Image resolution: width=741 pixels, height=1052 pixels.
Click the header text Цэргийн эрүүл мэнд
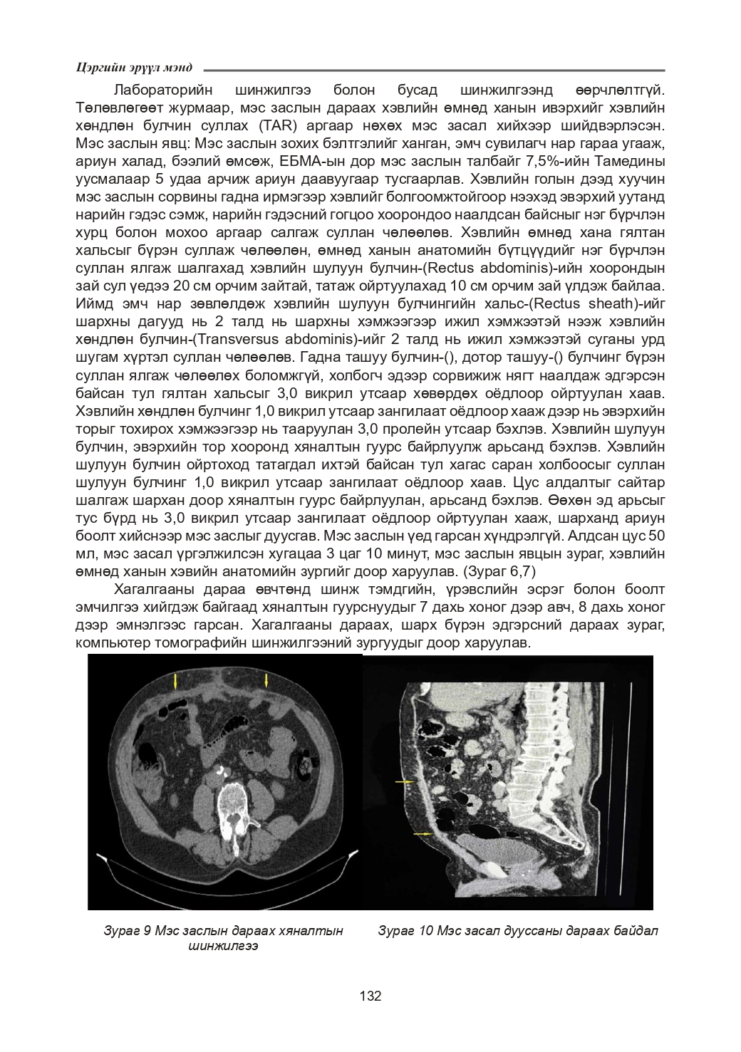[x=133, y=68]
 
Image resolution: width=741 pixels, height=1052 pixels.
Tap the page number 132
[x=370, y=996]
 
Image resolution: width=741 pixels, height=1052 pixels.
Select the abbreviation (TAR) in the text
[x=268, y=126]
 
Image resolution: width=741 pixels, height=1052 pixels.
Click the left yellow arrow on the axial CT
[x=175, y=682]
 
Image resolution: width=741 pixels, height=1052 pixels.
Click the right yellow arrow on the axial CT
[x=266, y=680]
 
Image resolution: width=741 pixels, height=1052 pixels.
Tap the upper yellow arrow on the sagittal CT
[x=405, y=782]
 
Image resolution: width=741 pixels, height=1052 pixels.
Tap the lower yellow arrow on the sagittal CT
[x=423, y=833]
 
